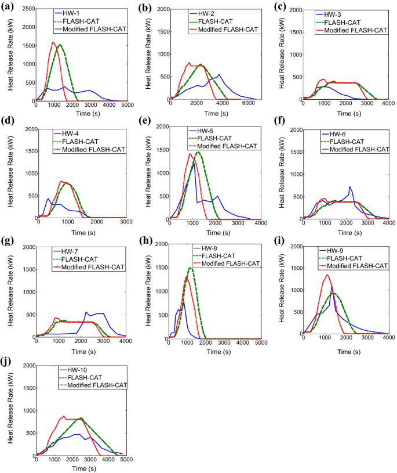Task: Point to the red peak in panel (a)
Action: click(53, 42)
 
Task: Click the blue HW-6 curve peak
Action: click(349, 186)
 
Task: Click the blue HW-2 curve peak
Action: click(218, 75)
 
